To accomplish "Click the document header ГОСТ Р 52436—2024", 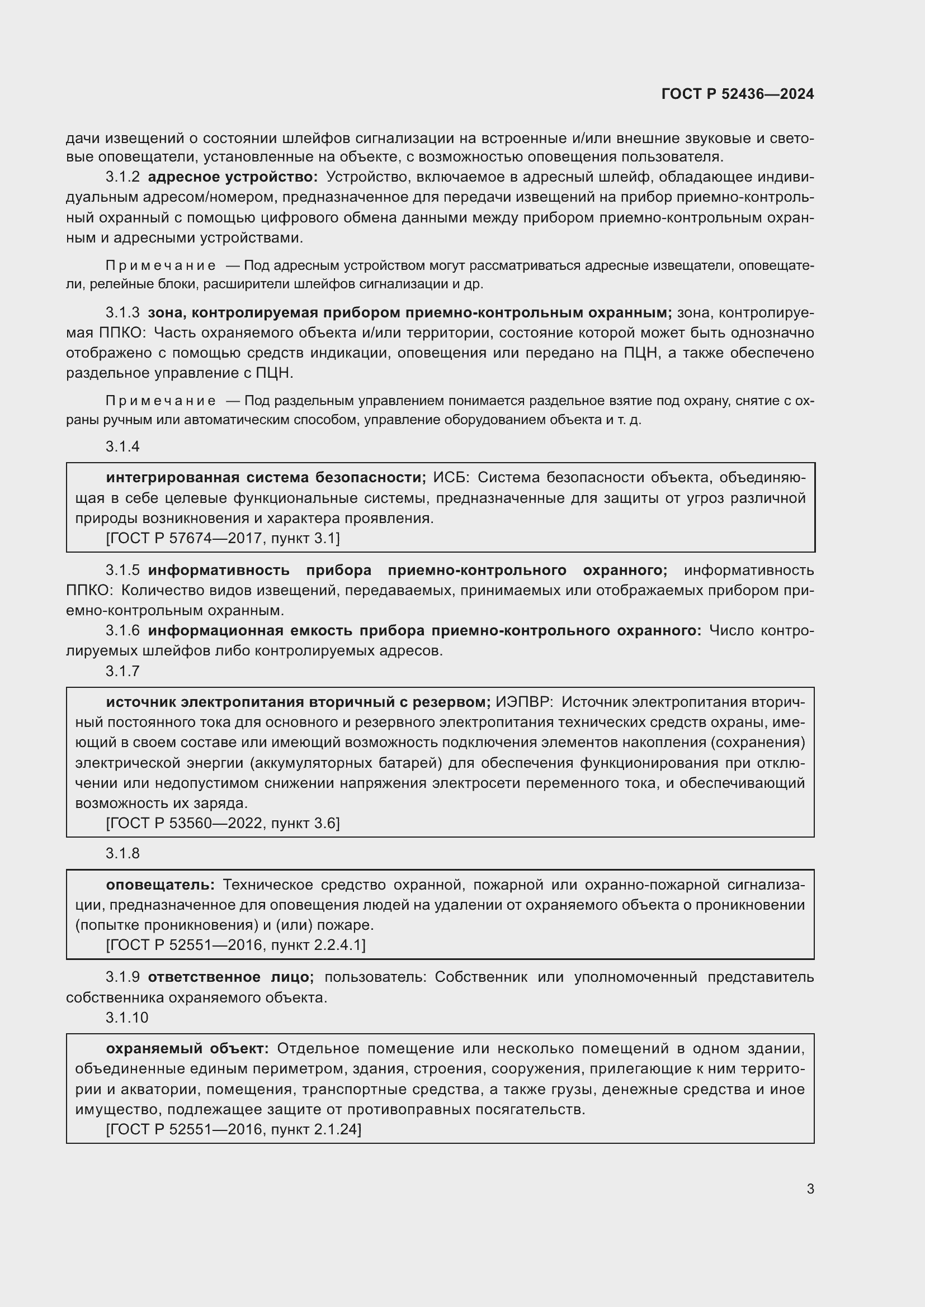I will pyautogui.click(x=738, y=94).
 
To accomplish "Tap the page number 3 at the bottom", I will pyautogui.click(x=810, y=1189).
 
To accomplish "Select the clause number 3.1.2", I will pyautogui.click(x=122, y=178).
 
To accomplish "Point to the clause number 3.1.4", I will pyautogui.click(x=122, y=447).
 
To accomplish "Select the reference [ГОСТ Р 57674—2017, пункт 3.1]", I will pyautogui.click(x=223, y=538).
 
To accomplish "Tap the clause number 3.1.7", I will pyautogui.click(x=122, y=672).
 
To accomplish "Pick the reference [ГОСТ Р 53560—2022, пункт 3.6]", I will pyautogui.click(x=223, y=823).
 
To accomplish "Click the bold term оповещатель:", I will pyautogui.click(x=161, y=885).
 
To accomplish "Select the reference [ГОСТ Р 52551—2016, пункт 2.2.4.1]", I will pyautogui.click(x=236, y=945).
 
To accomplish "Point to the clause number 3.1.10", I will pyautogui.click(x=127, y=1018).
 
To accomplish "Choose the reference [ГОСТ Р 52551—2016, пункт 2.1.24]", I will pyautogui.click(x=234, y=1129).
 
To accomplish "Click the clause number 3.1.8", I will pyautogui.click(x=122, y=854).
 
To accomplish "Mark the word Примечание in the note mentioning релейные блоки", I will pyautogui.click(x=161, y=266).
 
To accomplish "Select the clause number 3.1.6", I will pyautogui.click(x=122, y=631).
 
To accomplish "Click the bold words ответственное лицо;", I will pyautogui.click(x=230, y=977).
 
